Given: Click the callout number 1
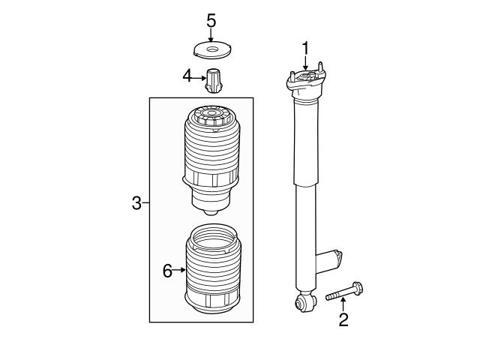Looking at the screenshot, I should (305, 48).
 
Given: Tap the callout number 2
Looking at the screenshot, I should (343, 321).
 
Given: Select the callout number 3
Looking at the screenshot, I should (136, 202).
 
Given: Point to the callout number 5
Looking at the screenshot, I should (211, 19).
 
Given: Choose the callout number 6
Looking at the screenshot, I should (167, 271).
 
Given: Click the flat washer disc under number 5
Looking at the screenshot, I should (211, 51).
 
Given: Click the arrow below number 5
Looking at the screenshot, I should (211, 37).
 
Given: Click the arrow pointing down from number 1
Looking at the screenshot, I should (305, 65).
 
